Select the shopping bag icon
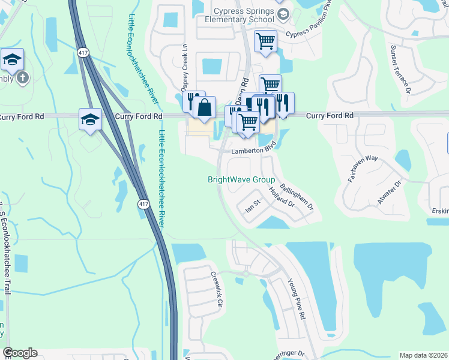pos(204,108)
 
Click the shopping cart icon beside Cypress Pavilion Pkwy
pos(265,41)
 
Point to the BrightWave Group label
pos(241,179)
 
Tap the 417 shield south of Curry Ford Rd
pos(143,205)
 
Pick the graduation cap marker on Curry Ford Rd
pos(90,120)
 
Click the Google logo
pos(20,353)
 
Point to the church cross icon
pos(23,77)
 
